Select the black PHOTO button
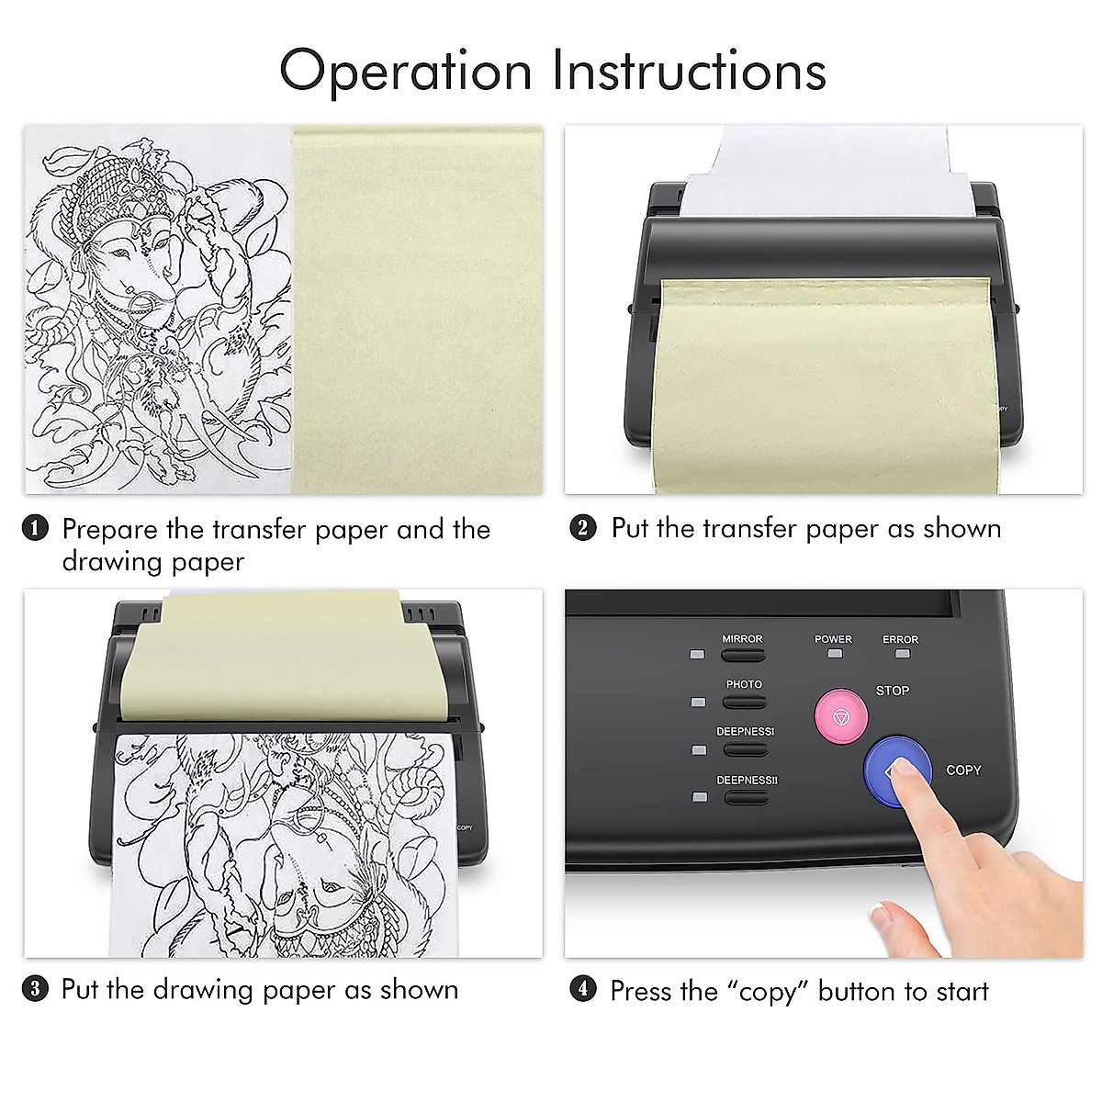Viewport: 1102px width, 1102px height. tap(744, 703)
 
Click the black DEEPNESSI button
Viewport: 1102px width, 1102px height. tap(745, 749)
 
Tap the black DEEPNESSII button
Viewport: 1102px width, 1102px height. tap(746, 797)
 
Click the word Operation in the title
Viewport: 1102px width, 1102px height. tap(405, 71)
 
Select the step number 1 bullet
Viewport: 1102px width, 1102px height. tap(35, 529)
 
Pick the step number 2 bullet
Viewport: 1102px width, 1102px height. tap(583, 528)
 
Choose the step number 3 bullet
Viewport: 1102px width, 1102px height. tap(35, 989)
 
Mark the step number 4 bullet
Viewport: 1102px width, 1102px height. tap(583, 990)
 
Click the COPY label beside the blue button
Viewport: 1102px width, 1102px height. tap(963, 770)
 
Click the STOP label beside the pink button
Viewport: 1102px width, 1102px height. tap(892, 691)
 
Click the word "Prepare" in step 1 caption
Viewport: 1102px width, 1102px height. tap(109, 531)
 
